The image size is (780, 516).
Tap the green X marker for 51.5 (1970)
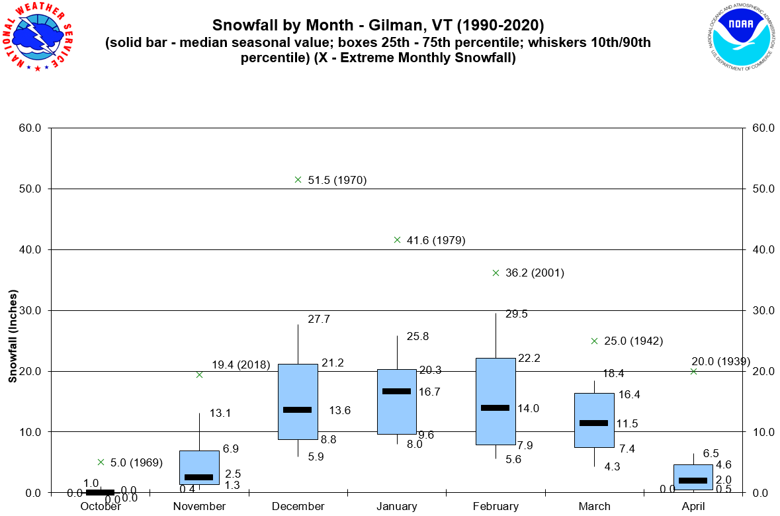(298, 179)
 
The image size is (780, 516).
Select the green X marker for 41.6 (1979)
(397, 239)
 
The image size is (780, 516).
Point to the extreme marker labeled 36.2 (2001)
(496, 273)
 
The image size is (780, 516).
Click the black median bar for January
(397, 391)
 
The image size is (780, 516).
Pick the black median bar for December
(298, 409)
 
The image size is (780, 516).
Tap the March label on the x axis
(594, 507)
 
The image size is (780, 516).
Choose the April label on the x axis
(693, 507)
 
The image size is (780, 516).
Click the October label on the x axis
(101, 507)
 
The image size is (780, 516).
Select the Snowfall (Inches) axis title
(13, 337)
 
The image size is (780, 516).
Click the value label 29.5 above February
(516, 314)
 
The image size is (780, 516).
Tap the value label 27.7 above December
(319, 319)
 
